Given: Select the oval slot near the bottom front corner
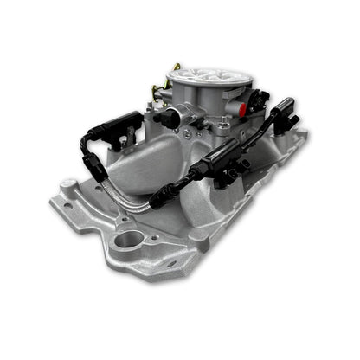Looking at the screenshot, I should pyautogui.click(x=170, y=263).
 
